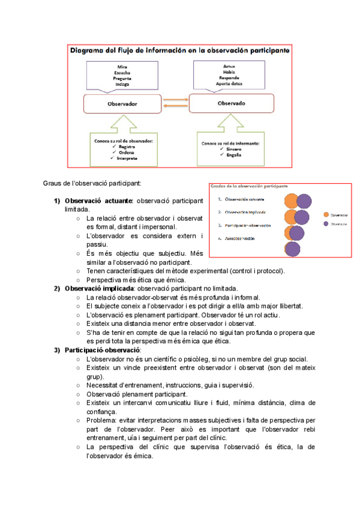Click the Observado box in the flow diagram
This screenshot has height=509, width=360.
pos(235,103)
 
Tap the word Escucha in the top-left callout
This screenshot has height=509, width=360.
pos(122,72)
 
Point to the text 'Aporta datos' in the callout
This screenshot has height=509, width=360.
pos(235,83)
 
